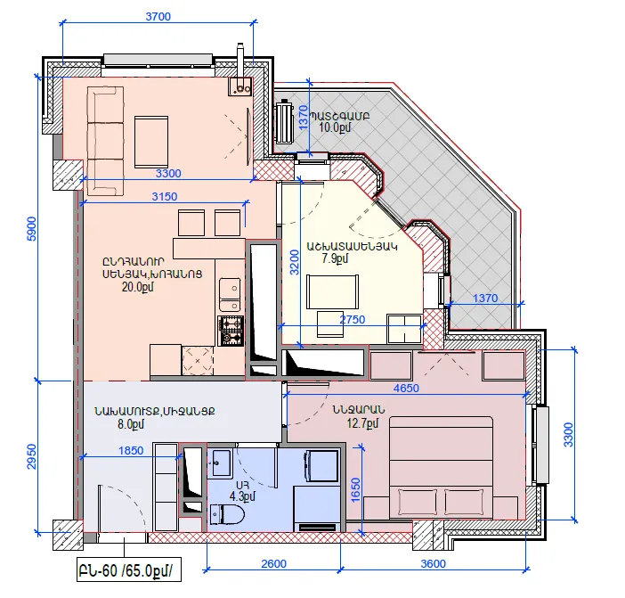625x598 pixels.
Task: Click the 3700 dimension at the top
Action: [x=158, y=16]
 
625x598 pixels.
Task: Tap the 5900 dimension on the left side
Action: [x=31, y=229]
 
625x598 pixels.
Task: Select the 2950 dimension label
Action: [x=31, y=456]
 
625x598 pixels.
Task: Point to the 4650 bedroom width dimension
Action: [x=406, y=388]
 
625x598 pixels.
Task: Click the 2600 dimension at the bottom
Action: [x=274, y=564]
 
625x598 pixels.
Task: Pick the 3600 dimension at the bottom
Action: [x=434, y=564]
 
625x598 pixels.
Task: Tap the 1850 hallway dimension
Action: [x=131, y=450]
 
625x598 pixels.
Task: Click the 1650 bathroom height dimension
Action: [x=356, y=489]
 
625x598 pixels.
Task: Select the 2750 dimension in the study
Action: [x=353, y=320]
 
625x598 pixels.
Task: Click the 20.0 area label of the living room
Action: [x=137, y=287]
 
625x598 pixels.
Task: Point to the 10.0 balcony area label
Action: [x=335, y=127]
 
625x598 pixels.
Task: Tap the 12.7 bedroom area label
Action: [x=362, y=422]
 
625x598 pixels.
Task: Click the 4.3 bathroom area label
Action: [x=242, y=496]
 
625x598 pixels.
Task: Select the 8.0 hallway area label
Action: [x=131, y=424]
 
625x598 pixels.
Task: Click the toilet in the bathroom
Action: [x=227, y=514]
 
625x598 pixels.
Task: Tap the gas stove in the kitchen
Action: [x=231, y=331]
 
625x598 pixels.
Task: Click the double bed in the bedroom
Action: [x=441, y=468]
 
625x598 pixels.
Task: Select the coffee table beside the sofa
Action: [x=151, y=142]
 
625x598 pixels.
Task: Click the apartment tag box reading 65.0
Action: [x=129, y=569]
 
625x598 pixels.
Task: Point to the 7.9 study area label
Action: [x=335, y=258]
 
